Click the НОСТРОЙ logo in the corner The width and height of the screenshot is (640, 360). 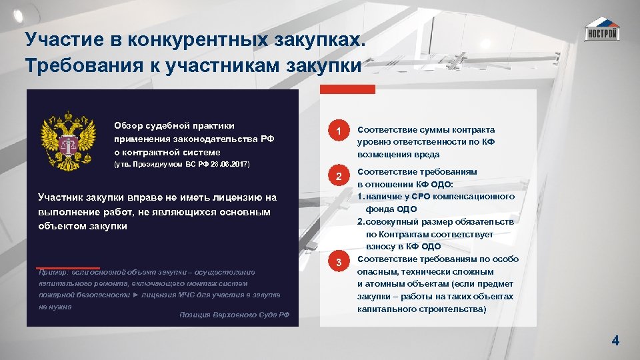click(601, 30)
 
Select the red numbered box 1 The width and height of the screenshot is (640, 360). click(339, 132)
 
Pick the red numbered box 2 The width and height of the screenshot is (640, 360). click(339, 177)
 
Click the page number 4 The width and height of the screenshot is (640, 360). click(615, 341)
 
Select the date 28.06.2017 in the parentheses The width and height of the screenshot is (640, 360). click(225, 163)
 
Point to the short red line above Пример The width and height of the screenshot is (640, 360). click(69, 268)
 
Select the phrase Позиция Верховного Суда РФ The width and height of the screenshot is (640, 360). click(235, 315)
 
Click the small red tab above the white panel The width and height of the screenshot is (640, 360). click(347, 89)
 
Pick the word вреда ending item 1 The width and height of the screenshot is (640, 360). click(426, 155)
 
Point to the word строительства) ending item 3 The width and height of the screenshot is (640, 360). click(453, 309)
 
